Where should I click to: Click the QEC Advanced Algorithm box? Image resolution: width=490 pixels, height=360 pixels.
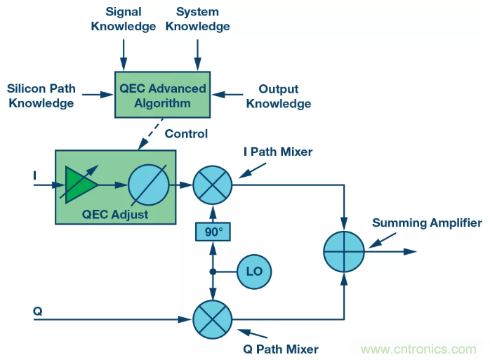162,95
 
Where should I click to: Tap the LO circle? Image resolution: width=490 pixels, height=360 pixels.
254,271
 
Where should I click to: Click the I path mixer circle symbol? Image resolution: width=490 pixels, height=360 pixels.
211,186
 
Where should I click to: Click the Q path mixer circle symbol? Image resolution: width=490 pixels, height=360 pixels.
211,320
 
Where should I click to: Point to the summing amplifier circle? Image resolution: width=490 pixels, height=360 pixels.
344,251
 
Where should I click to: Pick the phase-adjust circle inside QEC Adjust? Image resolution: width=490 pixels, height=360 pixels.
149,185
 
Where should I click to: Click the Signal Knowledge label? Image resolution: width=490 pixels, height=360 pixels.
124,20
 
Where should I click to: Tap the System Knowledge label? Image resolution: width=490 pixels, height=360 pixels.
197,20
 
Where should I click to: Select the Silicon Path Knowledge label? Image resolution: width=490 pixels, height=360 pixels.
40,96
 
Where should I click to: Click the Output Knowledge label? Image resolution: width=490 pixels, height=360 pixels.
278,96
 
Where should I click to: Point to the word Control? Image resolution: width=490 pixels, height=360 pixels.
185,133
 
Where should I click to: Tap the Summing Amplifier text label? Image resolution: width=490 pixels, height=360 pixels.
427,223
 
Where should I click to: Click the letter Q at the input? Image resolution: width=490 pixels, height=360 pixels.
37,309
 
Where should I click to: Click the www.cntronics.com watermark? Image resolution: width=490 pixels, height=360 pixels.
420,349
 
